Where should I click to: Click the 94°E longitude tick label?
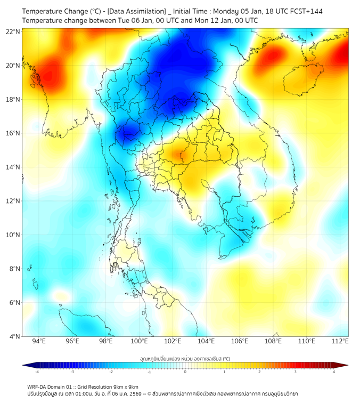[x=39, y=341]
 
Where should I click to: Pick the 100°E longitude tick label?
[x=139, y=341]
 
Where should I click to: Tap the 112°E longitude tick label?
[x=340, y=341]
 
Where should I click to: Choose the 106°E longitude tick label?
[x=240, y=341]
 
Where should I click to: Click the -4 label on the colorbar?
[x=37, y=372]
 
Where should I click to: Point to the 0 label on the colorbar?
[x=185, y=372]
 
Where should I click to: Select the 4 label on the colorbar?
[x=333, y=372]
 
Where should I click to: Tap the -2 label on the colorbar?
[x=111, y=372]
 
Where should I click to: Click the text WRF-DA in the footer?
[x=38, y=387]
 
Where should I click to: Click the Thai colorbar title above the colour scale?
[x=185, y=359]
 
